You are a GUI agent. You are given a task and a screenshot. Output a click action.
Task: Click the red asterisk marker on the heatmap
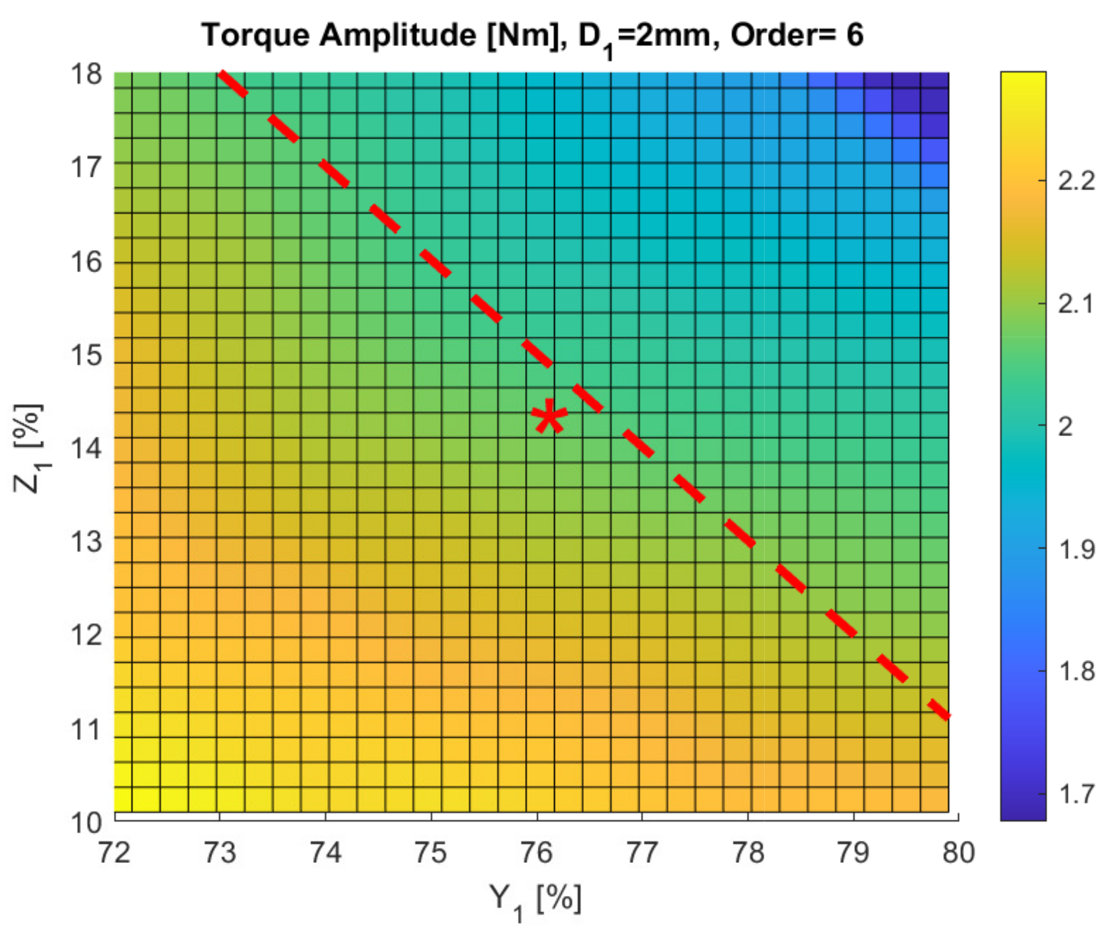coord(549,416)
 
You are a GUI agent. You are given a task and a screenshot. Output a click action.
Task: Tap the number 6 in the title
coord(854,35)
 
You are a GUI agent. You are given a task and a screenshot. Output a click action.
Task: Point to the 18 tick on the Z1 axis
coord(86,74)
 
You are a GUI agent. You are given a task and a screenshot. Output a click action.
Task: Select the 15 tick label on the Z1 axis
coord(86,355)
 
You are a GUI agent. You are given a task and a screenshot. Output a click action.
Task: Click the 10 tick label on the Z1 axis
coord(86,823)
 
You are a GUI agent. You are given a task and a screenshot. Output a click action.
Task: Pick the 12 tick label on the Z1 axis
coord(86,635)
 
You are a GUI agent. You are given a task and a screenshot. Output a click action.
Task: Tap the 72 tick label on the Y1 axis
coord(114,853)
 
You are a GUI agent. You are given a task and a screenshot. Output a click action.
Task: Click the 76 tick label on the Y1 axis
coord(536,853)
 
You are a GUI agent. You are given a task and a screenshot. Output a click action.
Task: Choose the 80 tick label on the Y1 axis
coord(958,853)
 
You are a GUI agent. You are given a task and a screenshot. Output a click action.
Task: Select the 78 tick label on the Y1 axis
coord(748,853)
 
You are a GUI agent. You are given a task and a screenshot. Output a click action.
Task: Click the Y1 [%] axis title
coord(535,900)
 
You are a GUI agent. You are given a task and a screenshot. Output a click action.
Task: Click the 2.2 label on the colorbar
coord(1076,181)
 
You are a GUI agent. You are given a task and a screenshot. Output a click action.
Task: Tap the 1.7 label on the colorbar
coord(1076,794)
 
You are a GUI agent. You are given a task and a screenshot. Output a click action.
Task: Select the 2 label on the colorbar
coord(1065,427)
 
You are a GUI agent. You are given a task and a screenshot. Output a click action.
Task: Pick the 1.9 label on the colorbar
coord(1076,549)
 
